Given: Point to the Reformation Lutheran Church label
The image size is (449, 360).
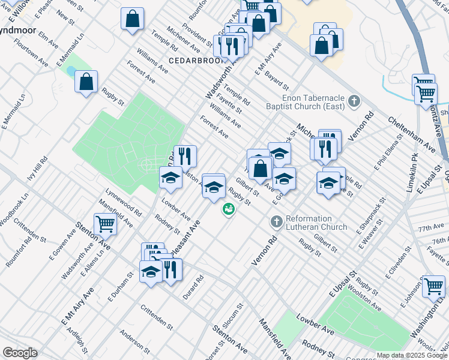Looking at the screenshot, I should [x=316, y=223].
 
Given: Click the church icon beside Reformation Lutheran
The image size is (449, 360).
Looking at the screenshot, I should [x=276, y=222].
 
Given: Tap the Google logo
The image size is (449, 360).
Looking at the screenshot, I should [x=20, y=353].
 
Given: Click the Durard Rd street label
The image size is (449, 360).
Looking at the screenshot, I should [x=194, y=289].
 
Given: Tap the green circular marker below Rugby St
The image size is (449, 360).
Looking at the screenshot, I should [x=228, y=209].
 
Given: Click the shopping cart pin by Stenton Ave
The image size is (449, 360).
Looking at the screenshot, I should [x=105, y=224].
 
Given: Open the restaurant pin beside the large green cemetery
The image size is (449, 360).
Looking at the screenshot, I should [x=185, y=157].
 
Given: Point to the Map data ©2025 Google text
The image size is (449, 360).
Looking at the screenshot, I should [x=412, y=355].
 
